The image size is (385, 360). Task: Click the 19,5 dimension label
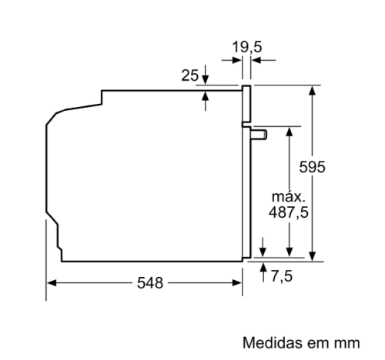point(247,47)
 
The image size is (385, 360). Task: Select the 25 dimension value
point(190,75)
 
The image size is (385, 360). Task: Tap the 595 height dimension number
point(312,167)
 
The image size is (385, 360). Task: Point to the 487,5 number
point(289,212)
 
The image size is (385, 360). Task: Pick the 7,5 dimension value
point(282,276)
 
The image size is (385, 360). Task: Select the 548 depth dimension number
point(150,283)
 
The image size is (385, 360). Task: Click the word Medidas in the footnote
point(273,342)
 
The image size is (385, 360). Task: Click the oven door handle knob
point(259,135)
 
